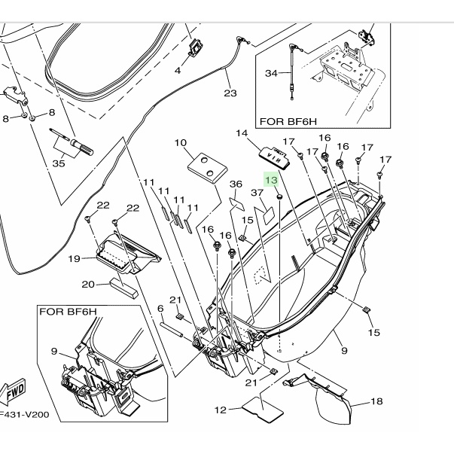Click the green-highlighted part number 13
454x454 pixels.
tap(271, 180)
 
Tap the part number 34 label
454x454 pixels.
tap(271, 73)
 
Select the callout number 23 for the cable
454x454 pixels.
tap(230, 93)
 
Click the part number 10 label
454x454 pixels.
tap(181, 143)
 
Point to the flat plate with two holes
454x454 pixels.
tap(207, 168)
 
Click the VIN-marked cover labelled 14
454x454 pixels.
tap(275, 157)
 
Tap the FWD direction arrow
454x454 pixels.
tap(14, 391)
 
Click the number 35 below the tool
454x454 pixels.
tap(59, 163)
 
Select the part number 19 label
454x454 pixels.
tap(74, 258)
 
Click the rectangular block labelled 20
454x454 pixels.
tap(124, 288)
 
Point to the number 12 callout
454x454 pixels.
tap(221, 410)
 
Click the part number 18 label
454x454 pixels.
tap(376, 401)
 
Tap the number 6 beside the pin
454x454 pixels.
tap(160, 309)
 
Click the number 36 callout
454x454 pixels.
tap(236, 184)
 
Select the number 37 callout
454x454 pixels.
tap(257, 193)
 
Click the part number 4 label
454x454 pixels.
tap(178, 70)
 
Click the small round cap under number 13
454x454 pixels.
tap(279, 197)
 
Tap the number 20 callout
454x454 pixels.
tap(88, 285)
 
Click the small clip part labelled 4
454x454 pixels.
tap(196, 47)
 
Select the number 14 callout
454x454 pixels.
tap(242, 133)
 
